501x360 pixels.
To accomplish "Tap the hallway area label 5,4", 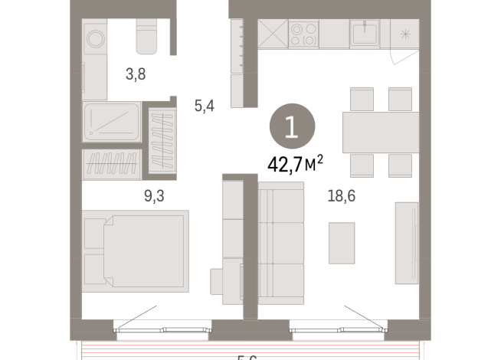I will click(x=204, y=106).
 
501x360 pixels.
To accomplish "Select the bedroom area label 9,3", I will click(x=154, y=196).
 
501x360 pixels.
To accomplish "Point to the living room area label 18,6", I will click(x=341, y=196).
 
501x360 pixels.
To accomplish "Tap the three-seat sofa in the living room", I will click(x=280, y=236).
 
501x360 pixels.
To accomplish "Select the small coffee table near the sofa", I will click(x=341, y=242).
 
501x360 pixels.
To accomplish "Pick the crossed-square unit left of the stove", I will click(x=272, y=34).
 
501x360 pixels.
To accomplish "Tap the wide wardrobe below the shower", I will click(x=112, y=163).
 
